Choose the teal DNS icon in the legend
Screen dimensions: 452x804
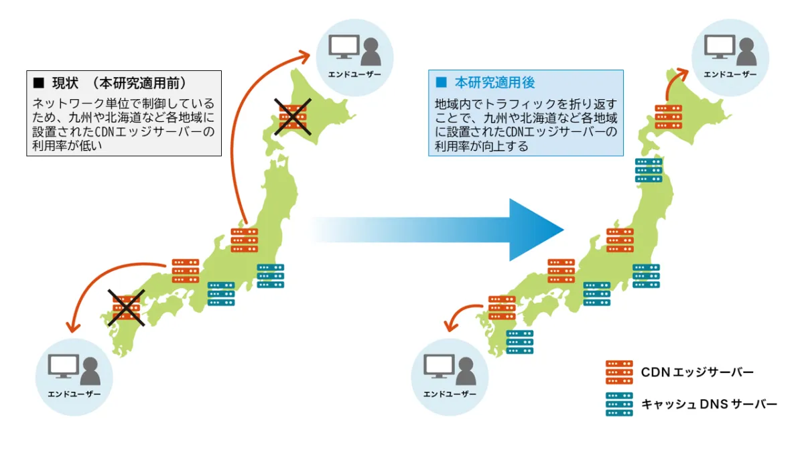(619, 404)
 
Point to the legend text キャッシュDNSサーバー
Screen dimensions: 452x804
(709, 404)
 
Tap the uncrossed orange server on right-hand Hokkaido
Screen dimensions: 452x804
(668, 117)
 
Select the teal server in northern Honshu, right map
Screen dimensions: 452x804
(649, 170)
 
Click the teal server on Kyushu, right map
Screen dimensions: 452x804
(520, 342)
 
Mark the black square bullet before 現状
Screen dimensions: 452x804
(38, 84)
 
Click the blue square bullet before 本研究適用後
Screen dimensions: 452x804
(441, 83)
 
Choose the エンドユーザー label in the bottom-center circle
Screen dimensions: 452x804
(450, 394)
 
